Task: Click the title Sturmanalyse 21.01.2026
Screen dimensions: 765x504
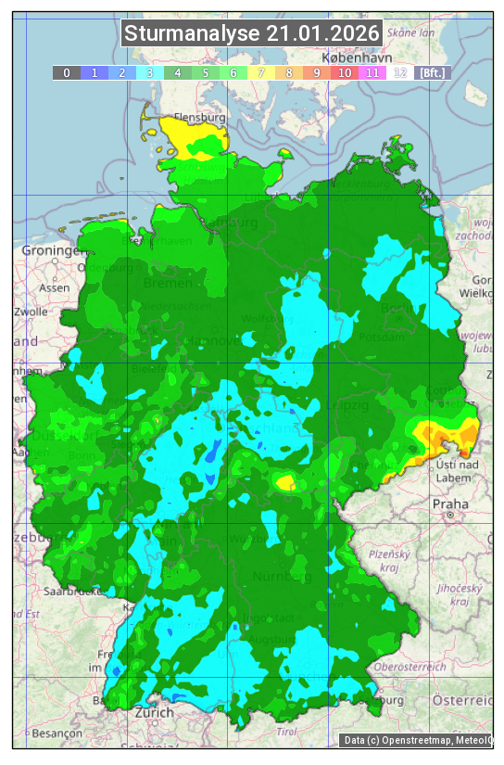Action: pyautogui.click(x=251, y=34)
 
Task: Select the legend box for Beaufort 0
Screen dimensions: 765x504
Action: pyautogui.click(x=67, y=72)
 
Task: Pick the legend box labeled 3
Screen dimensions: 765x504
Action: pyautogui.click(x=150, y=72)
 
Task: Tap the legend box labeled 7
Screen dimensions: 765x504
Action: pyautogui.click(x=261, y=72)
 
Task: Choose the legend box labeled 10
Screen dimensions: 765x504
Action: pyautogui.click(x=345, y=72)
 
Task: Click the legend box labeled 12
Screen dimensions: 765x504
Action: pyautogui.click(x=400, y=72)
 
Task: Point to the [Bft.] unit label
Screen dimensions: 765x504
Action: pyautogui.click(x=432, y=72)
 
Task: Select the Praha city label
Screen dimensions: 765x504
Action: pyautogui.click(x=450, y=504)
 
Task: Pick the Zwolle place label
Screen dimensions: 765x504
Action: pyautogui.click(x=31, y=312)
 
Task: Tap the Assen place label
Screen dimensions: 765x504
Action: pyautogui.click(x=56, y=287)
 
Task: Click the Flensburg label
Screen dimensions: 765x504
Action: pyautogui.click(x=200, y=118)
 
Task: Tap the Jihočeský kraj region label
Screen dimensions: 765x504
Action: pyautogui.click(x=460, y=594)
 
